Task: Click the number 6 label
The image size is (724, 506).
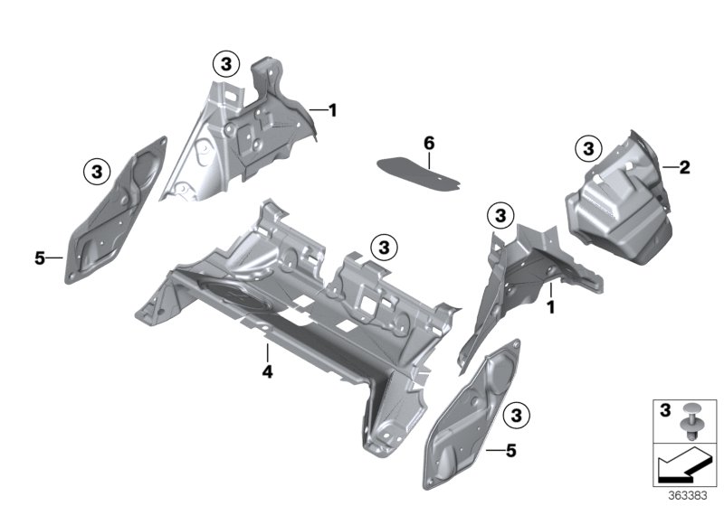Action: pyautogui.click(x=429, y=143)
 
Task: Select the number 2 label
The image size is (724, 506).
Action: pyautogui.click(x=684, y=166)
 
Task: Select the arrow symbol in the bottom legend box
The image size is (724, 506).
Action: pyautogui.click(x=684, y=466)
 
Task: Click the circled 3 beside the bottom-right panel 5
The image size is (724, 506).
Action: pyautogui.click(x=517, y=415)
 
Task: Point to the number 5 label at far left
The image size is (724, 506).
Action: pyautogui.click(x=39, y=258)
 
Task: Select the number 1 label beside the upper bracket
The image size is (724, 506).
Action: pyautogui.click(x=332, y=110)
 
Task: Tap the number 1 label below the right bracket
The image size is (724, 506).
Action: pyautogui.click(x=549, y=307)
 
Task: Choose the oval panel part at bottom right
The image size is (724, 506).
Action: pyautogui.click(x=471, y=407)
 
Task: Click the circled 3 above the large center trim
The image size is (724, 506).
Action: pyautogui.click(x=384, y=246)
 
